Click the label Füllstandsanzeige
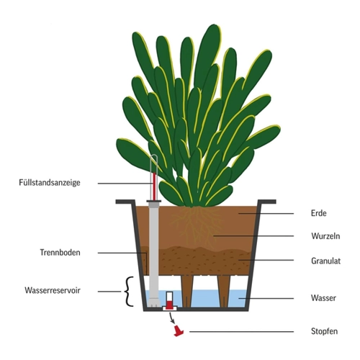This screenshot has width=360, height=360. point(50,183)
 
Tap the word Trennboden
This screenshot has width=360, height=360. point(60,253)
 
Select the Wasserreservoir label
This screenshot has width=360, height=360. point(53,290)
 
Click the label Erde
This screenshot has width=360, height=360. point(319,213)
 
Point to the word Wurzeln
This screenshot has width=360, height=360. point(325,236)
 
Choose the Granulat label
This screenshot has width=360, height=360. point(325,261)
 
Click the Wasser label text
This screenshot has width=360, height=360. point(323,298)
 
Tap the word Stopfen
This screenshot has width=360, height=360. point(324,331)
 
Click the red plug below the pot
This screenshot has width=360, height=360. point(178,330)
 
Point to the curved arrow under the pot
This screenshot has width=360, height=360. point(171,318)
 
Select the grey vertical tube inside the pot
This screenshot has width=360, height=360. point(153,253)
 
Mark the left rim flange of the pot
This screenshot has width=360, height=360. point(125,202)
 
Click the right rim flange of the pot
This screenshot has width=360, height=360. point(266,202)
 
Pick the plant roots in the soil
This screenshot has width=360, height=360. point(195,225)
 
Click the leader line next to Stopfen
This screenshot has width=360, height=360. point(242,332)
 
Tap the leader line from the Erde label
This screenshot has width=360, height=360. point(266,213)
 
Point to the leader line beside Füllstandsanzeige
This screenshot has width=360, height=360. point(125,184)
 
